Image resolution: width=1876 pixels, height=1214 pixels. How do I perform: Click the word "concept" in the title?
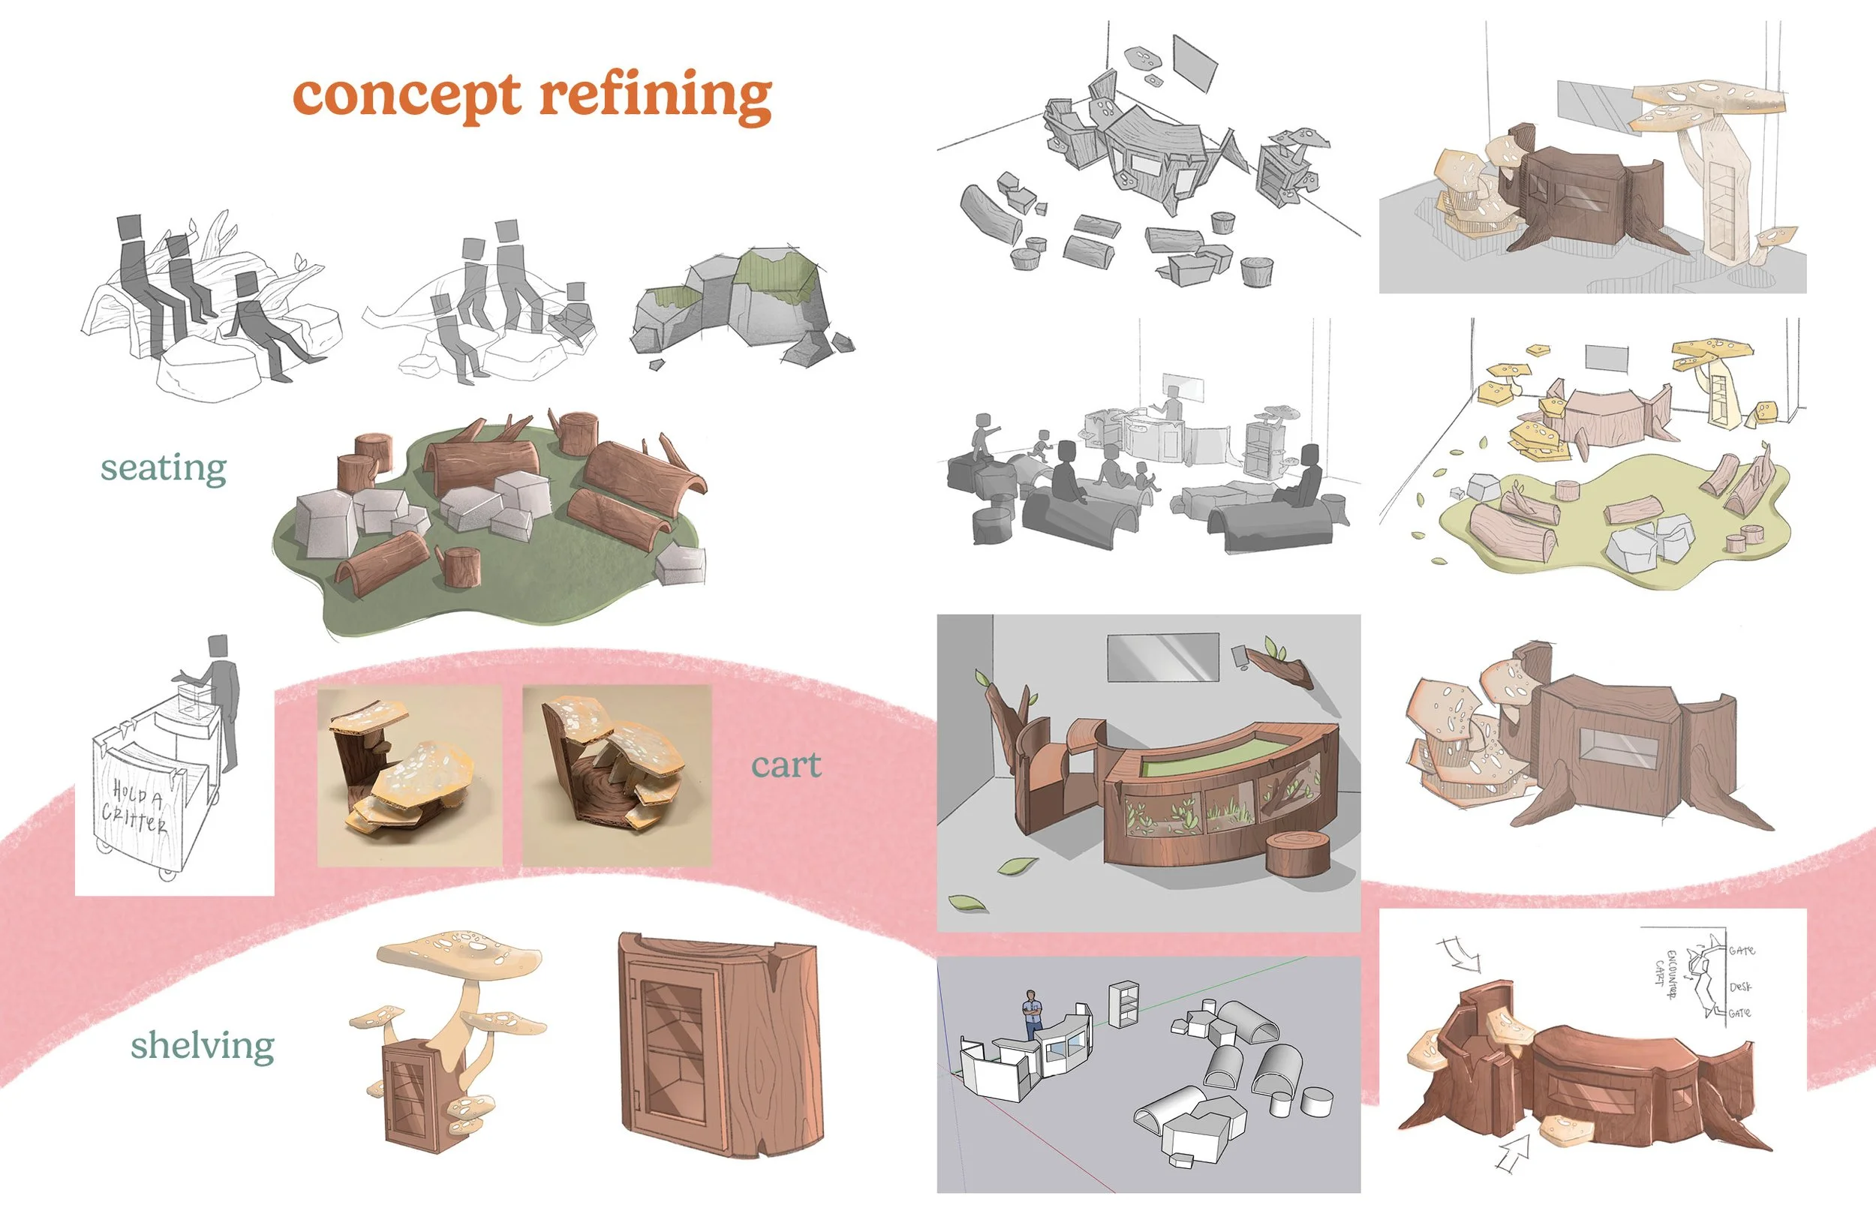(x=406, y=96)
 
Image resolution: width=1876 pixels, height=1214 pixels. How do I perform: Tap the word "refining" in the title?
(x=655, y=96)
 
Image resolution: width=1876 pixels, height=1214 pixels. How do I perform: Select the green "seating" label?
(x=163, y=467)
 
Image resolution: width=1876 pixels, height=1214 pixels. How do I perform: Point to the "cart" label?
(x=786, y=765)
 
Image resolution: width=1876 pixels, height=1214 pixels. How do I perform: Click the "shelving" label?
(x=203, y=1046)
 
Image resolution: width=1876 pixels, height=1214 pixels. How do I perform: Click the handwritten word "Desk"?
(x=1740, y=987)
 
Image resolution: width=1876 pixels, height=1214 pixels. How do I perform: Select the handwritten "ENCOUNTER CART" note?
(x=1666, y=974)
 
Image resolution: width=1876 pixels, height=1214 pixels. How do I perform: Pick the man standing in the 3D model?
(x=1032, y=1014)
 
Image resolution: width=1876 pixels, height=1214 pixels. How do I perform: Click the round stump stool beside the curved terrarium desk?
(x=1297, y=854)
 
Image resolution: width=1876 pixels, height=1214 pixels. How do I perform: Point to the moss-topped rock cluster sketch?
(x=737, y=303)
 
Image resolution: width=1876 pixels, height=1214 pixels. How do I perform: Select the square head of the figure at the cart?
(x=218, y=644)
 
